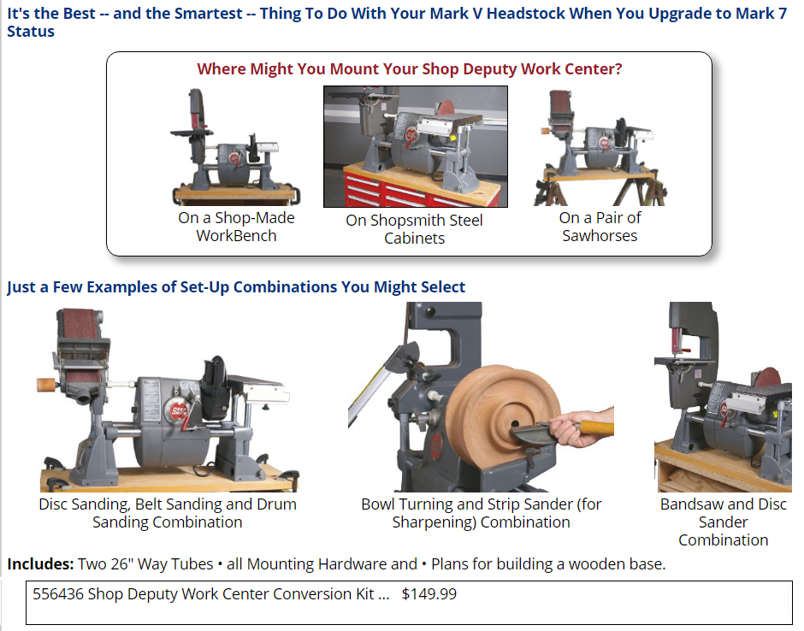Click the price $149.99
[429, 593]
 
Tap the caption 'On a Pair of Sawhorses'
[600, 227]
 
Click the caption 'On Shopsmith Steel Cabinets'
[414, 229]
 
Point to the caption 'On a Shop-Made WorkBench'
[236, 227]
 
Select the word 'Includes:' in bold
[40, 563]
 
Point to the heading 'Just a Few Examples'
[236, 286]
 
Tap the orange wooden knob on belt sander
[46, 385]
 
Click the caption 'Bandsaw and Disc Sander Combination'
[723, 522]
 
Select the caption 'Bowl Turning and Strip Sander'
[481, 513]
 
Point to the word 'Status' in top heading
[31, 32]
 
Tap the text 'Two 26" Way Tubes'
[145, 563]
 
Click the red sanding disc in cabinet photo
[446, 107]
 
